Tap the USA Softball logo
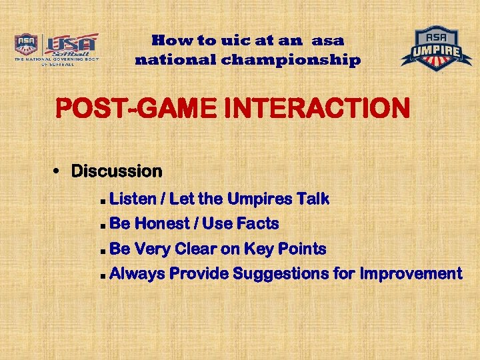point(57,49)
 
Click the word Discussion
point(117,171)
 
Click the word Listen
point(132,199)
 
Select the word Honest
point(165,223)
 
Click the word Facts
point(258,223)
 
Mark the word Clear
point(197,249)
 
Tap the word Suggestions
point(291,274)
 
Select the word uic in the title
point(220,40)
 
